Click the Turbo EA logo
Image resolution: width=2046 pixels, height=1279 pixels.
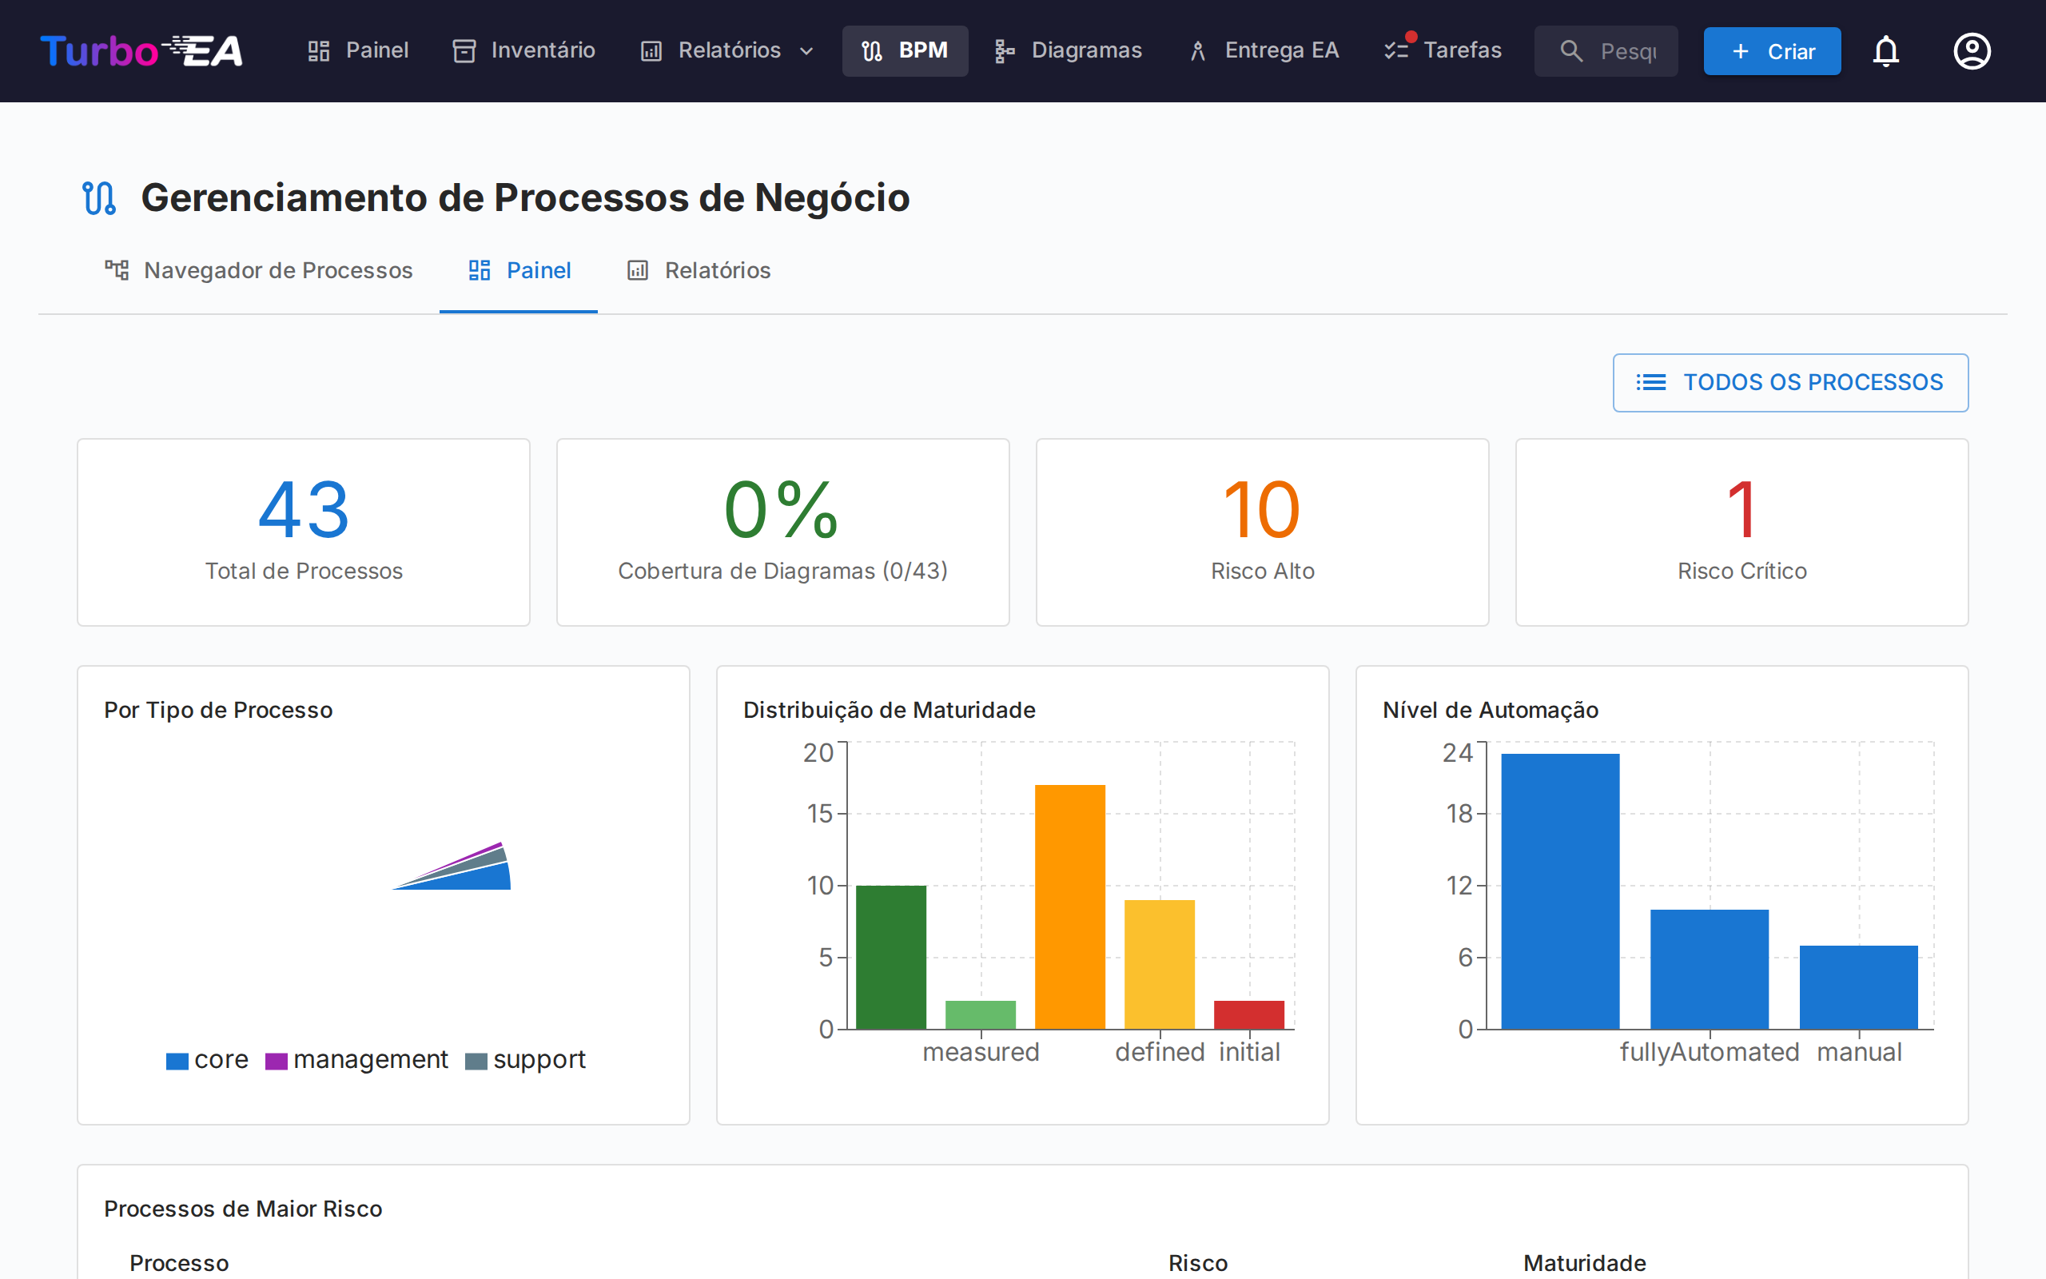pyautogui.click(x=141, y=50)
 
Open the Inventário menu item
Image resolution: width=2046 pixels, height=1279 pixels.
pyautogui.click(x=524, y=50)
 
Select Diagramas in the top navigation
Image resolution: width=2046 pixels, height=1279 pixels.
pyautogui.click(x=1069, y=50)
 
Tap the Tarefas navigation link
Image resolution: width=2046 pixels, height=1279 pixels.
pyautogui.click(x=1443, y=50)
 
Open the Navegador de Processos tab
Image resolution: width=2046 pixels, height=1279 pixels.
pyautogui.click(x=259, y=271)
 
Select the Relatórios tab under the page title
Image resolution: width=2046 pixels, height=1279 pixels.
pyautogui.click(x=699, y=271)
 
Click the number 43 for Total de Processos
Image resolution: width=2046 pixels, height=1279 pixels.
pyautogui.click(x=304, y=510)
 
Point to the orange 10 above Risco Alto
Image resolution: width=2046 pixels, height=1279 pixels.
pyautogui.click(x=1261, y=510)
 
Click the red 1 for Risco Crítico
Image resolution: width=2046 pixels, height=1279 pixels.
pyautogui.click(x=1741, y=510)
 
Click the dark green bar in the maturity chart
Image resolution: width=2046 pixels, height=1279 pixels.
pyautogui.click(x=891, y=957)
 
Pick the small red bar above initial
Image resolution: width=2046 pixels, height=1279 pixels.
pyautogui.click(x=1248, y=1015)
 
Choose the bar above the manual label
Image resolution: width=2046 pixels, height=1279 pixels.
pyautogui.click(x=1858, y=987)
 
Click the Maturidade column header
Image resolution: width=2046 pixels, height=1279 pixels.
pyautogui.click(x=1584, y=1263)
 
